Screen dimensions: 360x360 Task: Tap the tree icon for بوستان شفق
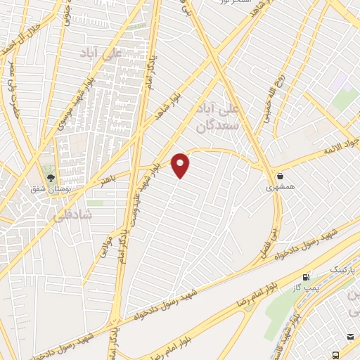(49, 172)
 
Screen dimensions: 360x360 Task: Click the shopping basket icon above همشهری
(281, 176)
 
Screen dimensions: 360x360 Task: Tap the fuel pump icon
(305, 278)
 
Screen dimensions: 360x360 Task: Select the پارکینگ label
(325, 269)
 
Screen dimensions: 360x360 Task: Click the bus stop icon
(337, 356)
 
